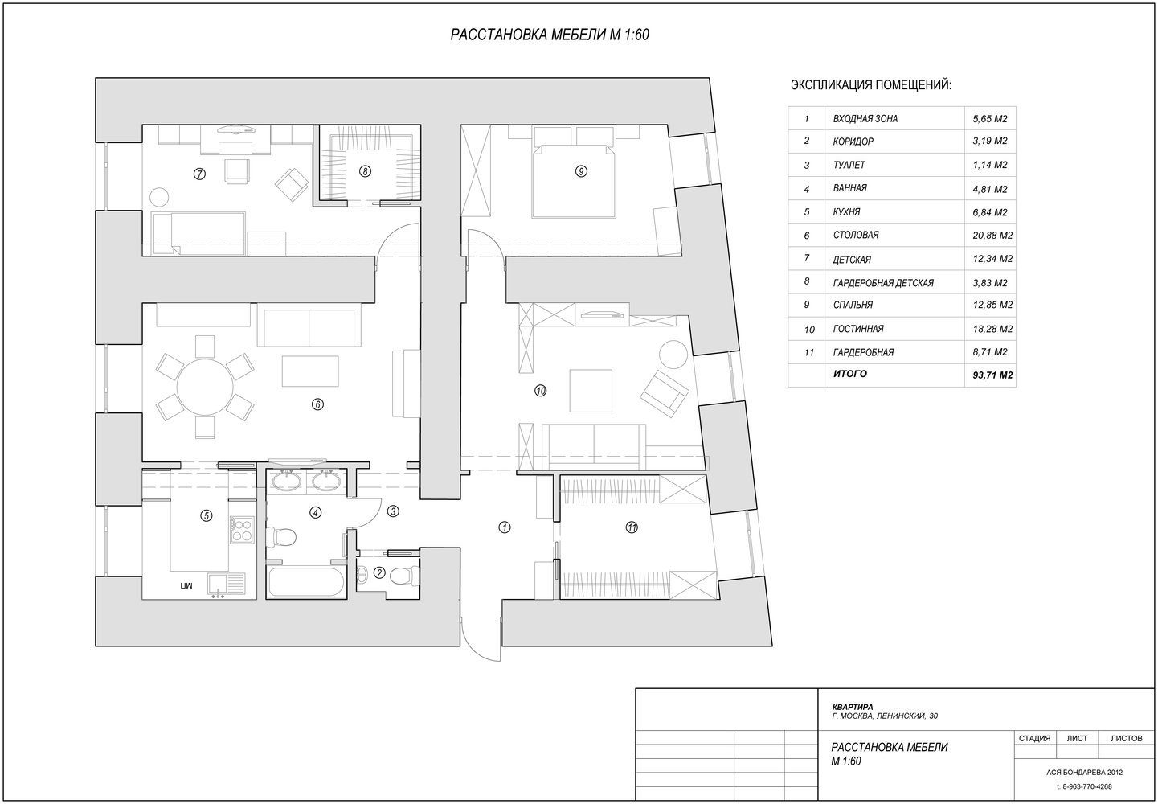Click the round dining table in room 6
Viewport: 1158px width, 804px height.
click(205, 387)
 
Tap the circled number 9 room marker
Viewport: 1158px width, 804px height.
click(581, 171)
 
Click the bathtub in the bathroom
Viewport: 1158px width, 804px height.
click(306, 581)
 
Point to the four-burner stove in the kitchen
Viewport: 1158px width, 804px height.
click(242, 529)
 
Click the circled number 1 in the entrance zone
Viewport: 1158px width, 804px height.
click(505, 527)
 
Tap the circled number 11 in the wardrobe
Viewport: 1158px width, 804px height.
click(632, 527)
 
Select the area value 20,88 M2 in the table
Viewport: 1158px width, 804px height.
click(992, 236)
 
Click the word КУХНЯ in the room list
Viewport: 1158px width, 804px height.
click(847, 212)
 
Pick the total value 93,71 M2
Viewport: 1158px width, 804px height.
click(992, 375)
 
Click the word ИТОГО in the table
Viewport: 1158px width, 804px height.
click(850, 374)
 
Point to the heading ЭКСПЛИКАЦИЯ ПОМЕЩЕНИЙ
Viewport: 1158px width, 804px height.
click(871, 85)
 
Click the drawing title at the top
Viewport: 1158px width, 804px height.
click(550, 35)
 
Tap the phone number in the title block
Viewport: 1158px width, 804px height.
click(1084, 786)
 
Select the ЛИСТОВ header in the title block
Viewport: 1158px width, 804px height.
click(1127, 738)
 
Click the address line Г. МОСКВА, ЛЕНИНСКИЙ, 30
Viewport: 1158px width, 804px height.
click(885, 716)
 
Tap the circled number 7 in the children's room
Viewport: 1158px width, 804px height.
click(199, 174)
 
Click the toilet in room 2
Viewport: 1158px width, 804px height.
click(405, 576)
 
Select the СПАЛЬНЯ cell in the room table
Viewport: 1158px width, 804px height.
click(853, 306)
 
